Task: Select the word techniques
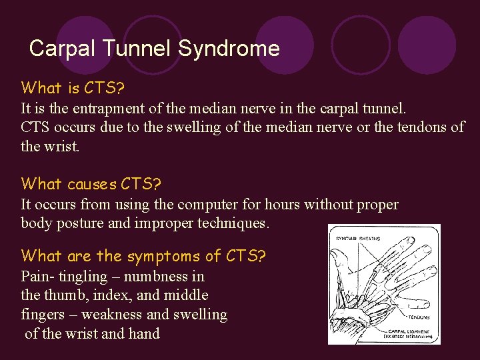click(x=233, y=223)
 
